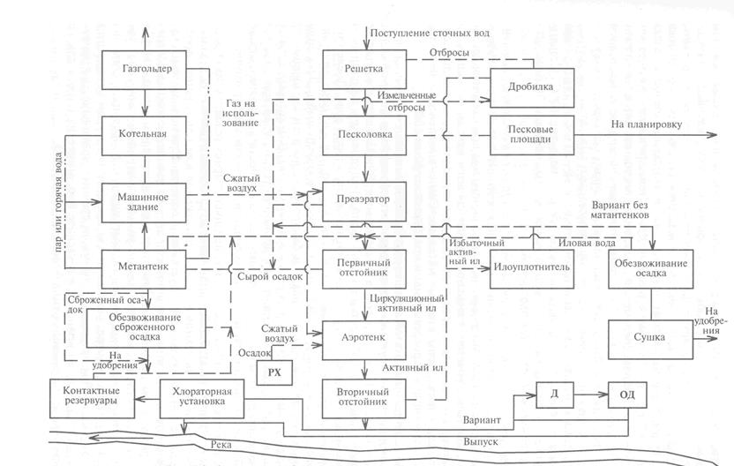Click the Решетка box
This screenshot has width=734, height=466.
tap(364, 69)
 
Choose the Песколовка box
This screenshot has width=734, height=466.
tap(364, 134)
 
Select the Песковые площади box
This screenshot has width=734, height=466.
tap(530, 135)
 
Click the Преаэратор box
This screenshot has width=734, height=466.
tap(364, 199)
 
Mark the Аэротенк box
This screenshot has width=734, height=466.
tap(364, 336)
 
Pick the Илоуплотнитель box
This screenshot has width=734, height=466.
tap(532, 267)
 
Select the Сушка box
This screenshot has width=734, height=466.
tap(651, 337)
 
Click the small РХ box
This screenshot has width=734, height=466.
tap(273, 373)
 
